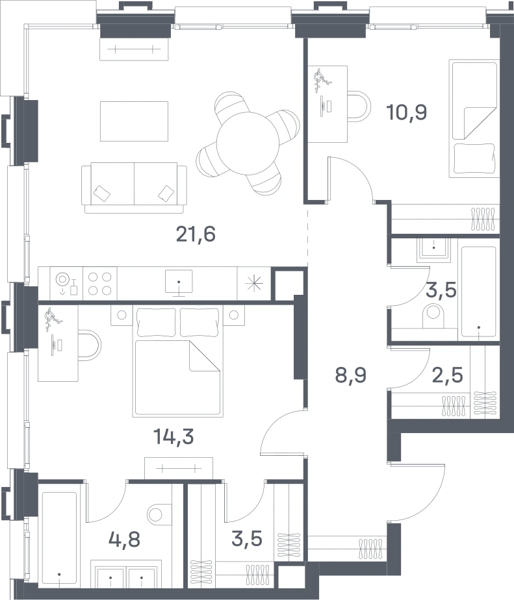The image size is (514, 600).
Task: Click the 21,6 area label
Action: coord(196,234)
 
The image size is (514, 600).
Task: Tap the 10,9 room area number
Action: coord(406,112)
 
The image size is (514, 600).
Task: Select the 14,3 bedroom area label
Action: coord(173,436)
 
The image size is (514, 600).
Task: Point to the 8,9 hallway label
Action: coord(351,375)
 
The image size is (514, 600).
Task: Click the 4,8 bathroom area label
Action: coord(125,540)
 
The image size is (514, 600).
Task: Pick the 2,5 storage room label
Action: coord(447,375)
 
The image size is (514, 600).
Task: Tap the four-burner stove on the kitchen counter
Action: coord(100,284)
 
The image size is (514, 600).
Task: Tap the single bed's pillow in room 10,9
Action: coord(474,158)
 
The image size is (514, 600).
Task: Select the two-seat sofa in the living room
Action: coord(134,188)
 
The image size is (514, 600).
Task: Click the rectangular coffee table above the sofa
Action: coord(134,121)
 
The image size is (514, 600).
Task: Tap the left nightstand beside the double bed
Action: coord(122,316)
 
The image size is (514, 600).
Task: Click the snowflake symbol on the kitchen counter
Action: coord(254,284)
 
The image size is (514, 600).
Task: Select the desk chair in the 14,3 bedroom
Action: coord(90,345)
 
